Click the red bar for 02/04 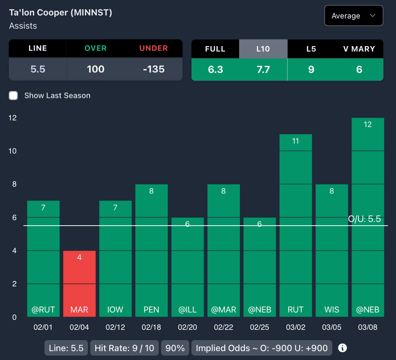[79, 284]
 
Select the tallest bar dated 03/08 [367, 217]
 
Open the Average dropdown [353, 16]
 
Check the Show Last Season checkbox [14, 96]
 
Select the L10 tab [263, 49]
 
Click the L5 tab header [311, 49]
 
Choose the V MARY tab [359, 49]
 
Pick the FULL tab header [215, 49]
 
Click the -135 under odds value [154, 69]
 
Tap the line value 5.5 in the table [38, 69]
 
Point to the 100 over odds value [96, 69]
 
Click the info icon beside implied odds [342, 348]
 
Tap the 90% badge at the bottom [175, 348]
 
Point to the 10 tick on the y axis [13, 151]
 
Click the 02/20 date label [188, 327]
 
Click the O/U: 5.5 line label [364, 219]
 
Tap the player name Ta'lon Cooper [60, 13]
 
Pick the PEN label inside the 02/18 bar [151, 310]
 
